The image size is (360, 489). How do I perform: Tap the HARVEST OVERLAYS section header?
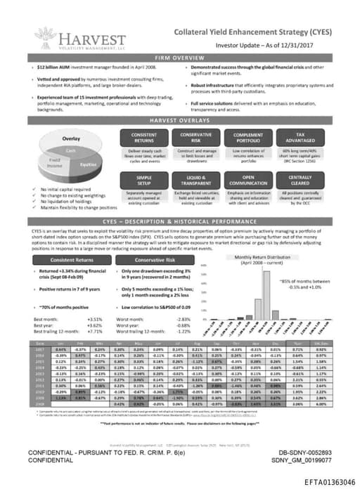pos(179,120)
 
